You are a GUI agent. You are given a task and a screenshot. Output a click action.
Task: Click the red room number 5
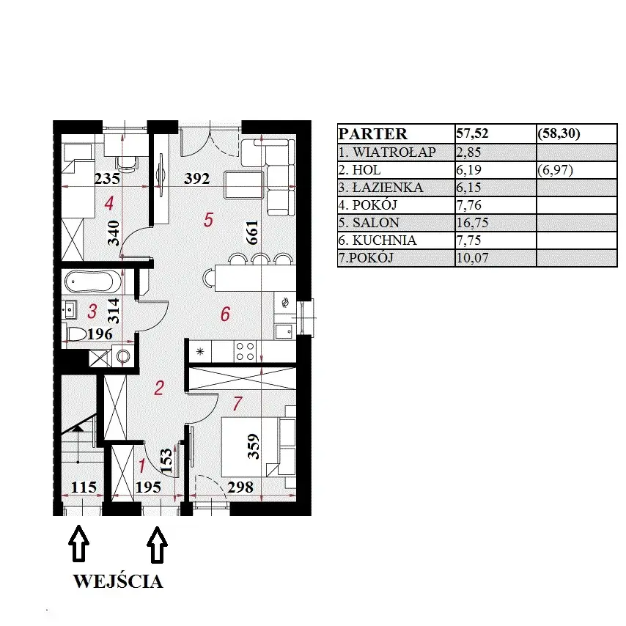208,220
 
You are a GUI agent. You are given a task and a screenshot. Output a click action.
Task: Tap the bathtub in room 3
92,281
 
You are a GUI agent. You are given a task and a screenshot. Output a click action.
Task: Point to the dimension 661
252,232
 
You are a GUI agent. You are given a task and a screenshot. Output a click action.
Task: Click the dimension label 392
197,178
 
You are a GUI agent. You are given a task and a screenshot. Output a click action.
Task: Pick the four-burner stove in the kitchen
245,351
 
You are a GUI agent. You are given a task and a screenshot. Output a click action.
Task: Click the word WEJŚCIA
118,581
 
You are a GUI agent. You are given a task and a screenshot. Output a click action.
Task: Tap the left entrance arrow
79,543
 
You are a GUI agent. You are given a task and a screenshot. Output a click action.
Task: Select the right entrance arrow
158,544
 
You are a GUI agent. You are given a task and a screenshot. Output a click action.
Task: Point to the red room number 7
237,403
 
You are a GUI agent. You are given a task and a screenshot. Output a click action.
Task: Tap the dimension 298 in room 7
240,487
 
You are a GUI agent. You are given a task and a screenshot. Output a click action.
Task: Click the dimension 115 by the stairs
84,487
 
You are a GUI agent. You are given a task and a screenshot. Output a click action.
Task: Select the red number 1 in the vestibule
141,466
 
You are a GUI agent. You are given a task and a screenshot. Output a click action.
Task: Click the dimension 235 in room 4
107,178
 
